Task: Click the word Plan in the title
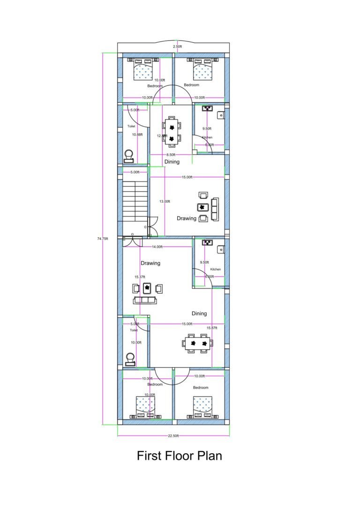209,456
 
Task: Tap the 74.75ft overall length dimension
103,239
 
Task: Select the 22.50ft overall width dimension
173,436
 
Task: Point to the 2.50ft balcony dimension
178,47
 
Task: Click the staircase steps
135,202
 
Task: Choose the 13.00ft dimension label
165,201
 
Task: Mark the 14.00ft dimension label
157,247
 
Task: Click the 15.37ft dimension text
140,277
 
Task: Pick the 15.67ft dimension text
212,327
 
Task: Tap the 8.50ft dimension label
171,154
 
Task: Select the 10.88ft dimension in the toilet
137,135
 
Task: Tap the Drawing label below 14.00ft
150,263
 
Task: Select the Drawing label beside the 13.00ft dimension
186,218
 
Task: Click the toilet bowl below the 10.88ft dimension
128,155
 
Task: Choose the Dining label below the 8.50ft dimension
172,162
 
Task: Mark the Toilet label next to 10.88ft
132,126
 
